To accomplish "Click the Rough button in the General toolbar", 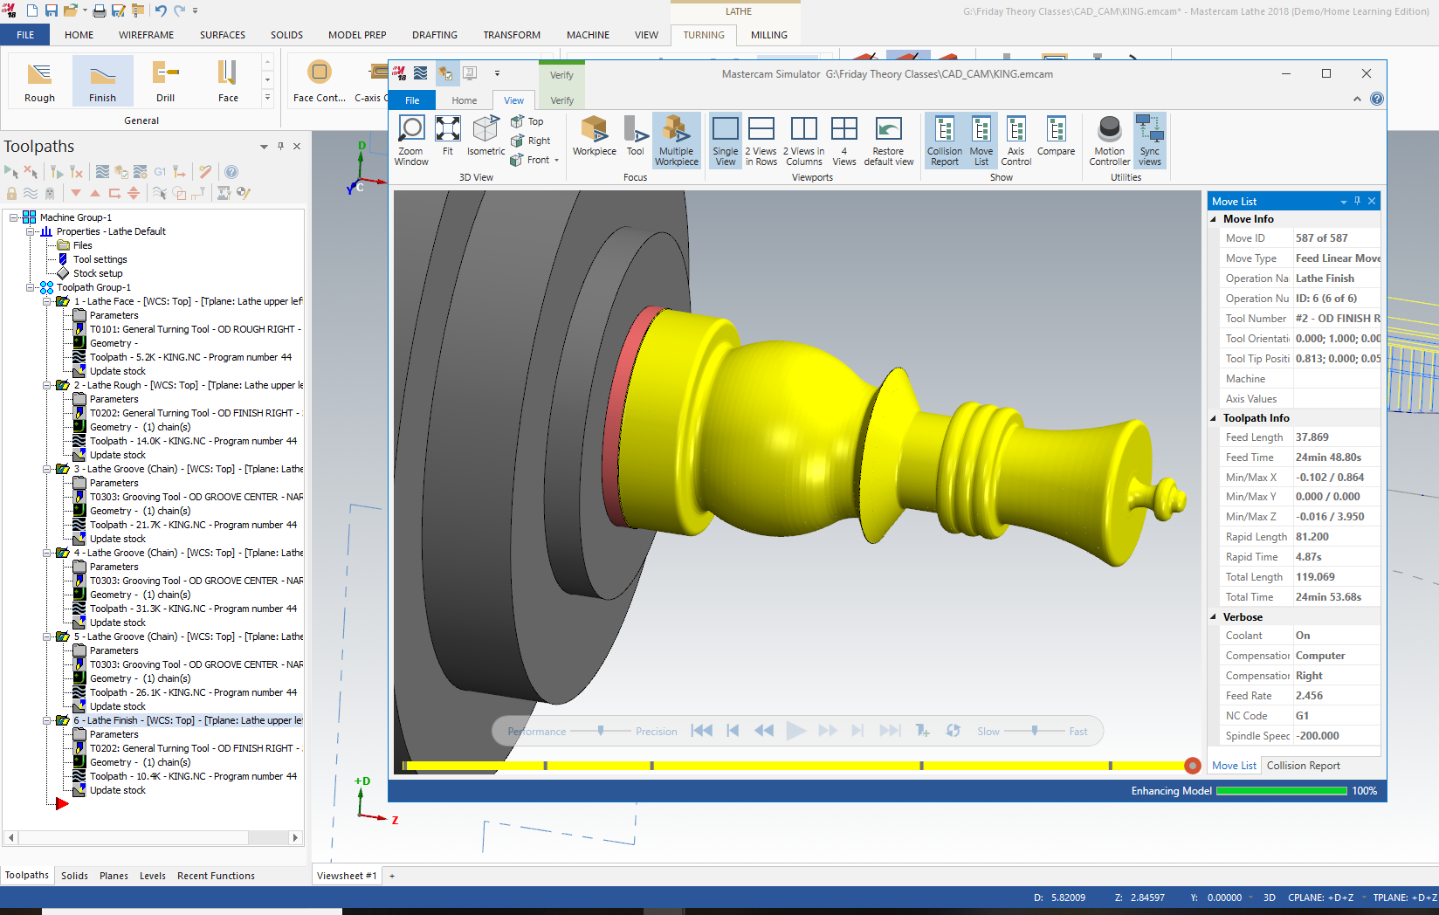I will tap(39, 81).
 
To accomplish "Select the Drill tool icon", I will tap(165, 81).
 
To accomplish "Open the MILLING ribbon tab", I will tap(768, 35).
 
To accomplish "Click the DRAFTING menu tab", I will tap(434, 35).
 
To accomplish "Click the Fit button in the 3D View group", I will tap(447, 137).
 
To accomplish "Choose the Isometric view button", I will tap(485, 137).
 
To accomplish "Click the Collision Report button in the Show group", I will tap(944, 141).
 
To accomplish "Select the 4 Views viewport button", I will tap(843, 141).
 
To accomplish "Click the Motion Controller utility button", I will tap(1109, 141).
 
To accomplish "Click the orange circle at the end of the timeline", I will tap(1192, 766).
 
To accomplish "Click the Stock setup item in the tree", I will tap(98, 273).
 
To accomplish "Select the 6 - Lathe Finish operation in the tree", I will tap(112, 720).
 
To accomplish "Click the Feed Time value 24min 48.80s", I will tap(1328, 457).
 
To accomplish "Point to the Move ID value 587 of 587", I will tap(1321, 238).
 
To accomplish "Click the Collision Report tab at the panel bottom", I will tap(1303, 766).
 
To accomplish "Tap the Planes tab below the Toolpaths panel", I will tap(114, 876).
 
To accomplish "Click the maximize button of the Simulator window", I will tap(1325, 73).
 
